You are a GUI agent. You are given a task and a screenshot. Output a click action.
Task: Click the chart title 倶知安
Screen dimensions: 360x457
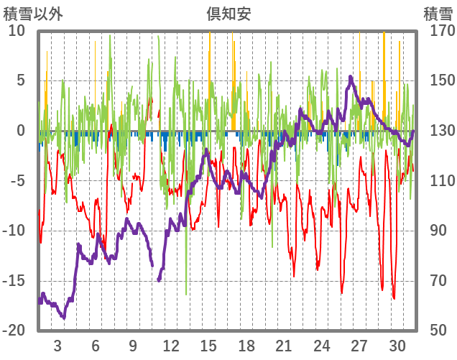228,13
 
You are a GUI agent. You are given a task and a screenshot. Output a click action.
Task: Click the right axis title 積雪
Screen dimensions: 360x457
438,13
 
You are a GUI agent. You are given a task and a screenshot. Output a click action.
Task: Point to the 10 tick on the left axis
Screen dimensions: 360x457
17,31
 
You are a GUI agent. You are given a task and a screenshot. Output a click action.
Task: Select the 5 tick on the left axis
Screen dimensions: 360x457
21,80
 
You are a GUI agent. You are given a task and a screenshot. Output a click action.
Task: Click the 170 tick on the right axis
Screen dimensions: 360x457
438,31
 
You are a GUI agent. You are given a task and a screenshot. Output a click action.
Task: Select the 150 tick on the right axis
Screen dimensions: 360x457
438,80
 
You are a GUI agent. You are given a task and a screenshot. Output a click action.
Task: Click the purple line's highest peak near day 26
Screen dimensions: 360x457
351,77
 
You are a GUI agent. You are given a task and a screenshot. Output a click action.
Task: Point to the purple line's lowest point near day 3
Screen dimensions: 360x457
63,317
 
